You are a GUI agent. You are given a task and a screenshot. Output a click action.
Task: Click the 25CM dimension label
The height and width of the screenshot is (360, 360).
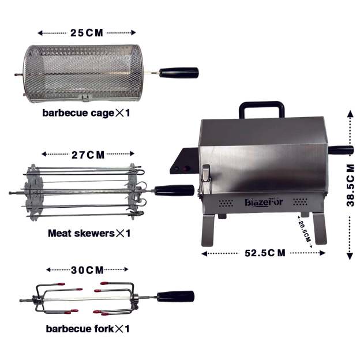pos(87,32)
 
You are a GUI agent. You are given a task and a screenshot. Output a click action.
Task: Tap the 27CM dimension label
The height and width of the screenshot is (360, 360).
pos(88,155)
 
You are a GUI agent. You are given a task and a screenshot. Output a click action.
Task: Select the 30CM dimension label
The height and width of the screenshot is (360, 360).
pos(88,269)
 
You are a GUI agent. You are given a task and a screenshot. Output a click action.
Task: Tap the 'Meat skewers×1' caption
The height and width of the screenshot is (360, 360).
pos(89,234)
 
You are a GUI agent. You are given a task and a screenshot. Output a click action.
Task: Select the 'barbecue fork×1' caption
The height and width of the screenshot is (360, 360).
pos(88,329)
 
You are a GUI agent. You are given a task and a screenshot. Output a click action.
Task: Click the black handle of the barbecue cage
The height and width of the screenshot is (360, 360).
pos(179,73)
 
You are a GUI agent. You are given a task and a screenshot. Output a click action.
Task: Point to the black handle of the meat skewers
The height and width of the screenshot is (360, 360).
pos(174,190)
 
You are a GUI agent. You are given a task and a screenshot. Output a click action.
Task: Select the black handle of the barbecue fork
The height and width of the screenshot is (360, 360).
pos(175,296)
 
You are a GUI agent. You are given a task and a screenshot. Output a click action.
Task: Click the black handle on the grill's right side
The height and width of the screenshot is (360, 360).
pos(341,150)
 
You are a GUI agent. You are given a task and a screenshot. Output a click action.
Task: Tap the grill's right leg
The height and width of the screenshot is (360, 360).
pos(318,228)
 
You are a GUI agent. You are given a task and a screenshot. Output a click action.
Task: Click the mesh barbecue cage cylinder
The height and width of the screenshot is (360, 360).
pos(81,73)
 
